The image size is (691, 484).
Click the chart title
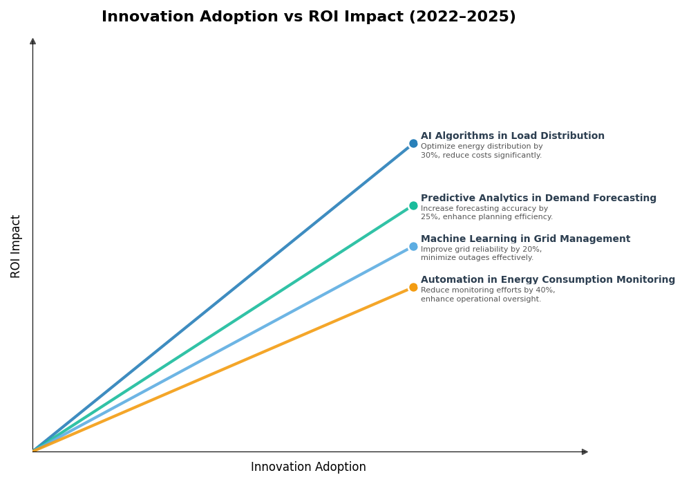click(308, 17)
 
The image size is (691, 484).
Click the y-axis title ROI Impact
click(16, 246)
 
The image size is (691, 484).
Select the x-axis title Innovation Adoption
click(308, 467)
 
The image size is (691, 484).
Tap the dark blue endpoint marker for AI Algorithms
click(413, 144)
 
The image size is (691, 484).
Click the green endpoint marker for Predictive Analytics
click(413, 205)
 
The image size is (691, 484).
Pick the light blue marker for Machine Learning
click(413, 246)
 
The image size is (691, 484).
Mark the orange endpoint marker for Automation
click(413, 288)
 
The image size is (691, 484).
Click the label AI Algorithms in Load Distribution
click(512, 136)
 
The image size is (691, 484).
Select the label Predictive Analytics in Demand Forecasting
click(538, 198)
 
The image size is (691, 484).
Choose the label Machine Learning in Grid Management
click(525, 239)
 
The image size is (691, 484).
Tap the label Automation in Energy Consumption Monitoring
click(547, 280)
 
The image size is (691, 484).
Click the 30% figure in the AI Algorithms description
click(430, 156)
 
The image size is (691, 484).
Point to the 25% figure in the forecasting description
click(430, 217)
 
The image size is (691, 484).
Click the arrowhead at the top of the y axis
click(32, 41)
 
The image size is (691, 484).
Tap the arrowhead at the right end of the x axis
click(585, 452)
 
